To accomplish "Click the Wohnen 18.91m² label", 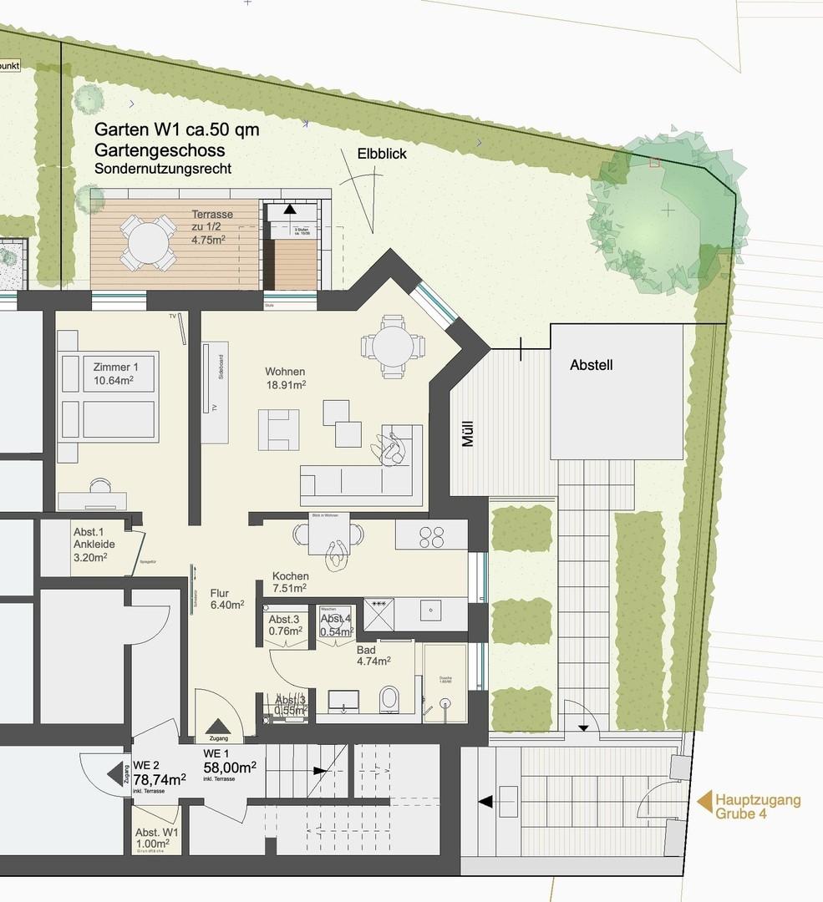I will (286, 378).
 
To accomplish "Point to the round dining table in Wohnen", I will (391, 345).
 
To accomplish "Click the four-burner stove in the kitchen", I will (431, 535).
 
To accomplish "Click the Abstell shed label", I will (592, 365).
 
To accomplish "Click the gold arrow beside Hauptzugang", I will (704, 803).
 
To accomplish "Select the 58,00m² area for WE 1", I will (230, 767).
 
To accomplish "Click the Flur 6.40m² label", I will (226, 598).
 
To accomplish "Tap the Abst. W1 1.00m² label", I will (156, 839).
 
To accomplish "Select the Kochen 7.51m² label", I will (290, 582).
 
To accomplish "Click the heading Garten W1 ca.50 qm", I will (177, 130).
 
